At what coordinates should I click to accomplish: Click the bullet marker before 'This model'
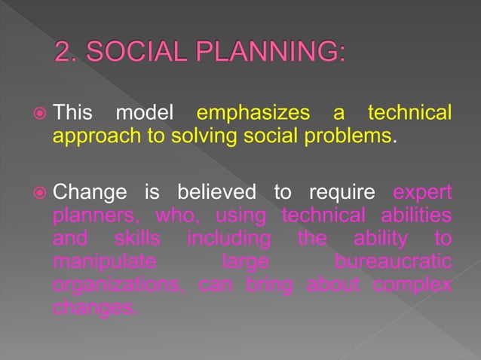coord(41,114)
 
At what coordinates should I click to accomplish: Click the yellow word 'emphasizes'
coord(252,114)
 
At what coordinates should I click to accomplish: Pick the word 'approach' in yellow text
coord(88,139)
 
